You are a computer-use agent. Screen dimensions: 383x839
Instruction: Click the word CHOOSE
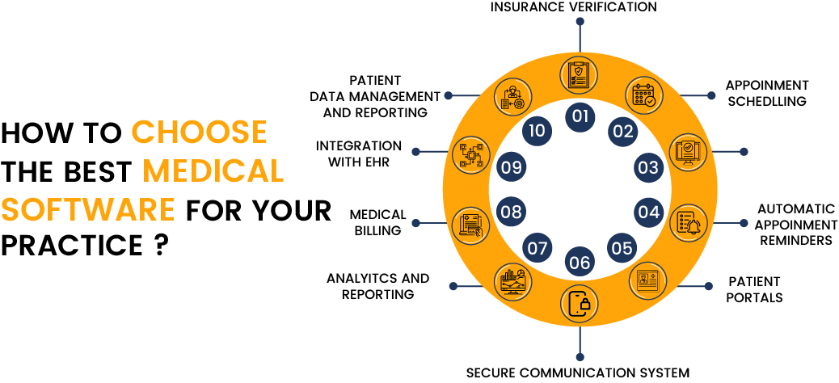tap(199, 132)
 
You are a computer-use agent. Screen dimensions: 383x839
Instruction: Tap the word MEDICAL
tap(213, 170)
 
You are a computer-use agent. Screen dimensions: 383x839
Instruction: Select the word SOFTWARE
tap(88, 209)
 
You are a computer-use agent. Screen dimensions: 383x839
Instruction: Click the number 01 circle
tap(580, 116)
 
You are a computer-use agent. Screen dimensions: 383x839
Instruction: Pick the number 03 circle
tap(648, 168)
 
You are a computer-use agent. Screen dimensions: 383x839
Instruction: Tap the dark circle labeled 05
tap(622, 248)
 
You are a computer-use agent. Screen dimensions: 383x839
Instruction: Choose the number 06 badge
tap(580, 263)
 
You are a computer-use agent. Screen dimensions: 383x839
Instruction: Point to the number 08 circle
tap(511, 213)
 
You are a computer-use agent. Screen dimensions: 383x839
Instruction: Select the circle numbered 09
tap(511, 168)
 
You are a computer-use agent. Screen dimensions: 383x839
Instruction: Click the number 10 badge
tap(537, 131)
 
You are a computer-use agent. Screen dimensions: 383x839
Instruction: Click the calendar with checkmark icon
tap(644, 95)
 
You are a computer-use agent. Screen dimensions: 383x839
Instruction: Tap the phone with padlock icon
tap(580, 304)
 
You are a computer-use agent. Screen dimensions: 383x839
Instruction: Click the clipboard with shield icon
tap(580, 74)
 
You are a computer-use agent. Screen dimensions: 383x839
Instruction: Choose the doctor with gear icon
tap(512, 95)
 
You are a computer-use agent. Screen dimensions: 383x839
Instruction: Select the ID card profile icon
tap(647, 280)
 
